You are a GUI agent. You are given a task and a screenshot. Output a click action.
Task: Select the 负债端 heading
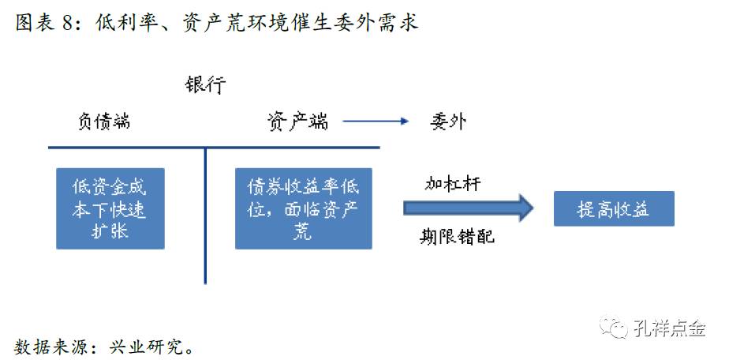point(103,121)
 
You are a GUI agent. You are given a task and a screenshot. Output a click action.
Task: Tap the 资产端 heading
point(297,121)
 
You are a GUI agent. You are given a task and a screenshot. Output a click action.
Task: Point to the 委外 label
point(449,121)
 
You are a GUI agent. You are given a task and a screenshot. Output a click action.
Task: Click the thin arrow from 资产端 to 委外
point(376,122)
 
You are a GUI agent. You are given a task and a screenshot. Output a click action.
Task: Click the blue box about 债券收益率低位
point(304,208)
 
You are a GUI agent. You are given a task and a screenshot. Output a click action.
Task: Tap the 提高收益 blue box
point(613,209)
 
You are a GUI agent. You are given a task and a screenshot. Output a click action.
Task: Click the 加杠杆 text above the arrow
point(453,184)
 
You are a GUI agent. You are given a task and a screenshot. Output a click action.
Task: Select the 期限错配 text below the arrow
point(458,235)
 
